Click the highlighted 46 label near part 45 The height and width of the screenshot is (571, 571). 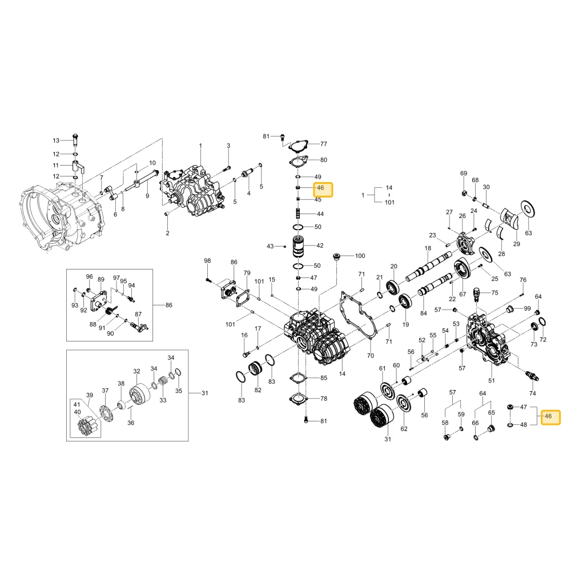(x=320, y=188)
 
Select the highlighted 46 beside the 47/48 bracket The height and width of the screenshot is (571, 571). (x=548, y=416)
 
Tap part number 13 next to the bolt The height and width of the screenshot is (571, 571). (x=56, y=140)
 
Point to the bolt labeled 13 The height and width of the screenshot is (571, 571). (x=75, y=140)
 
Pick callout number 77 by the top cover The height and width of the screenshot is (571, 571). (x=324, y=144)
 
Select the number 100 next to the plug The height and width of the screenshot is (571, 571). (x=360, y=256)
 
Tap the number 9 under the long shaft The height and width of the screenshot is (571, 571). (x=147, y=196)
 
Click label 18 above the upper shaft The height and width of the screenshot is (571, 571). (x=428, y=248)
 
